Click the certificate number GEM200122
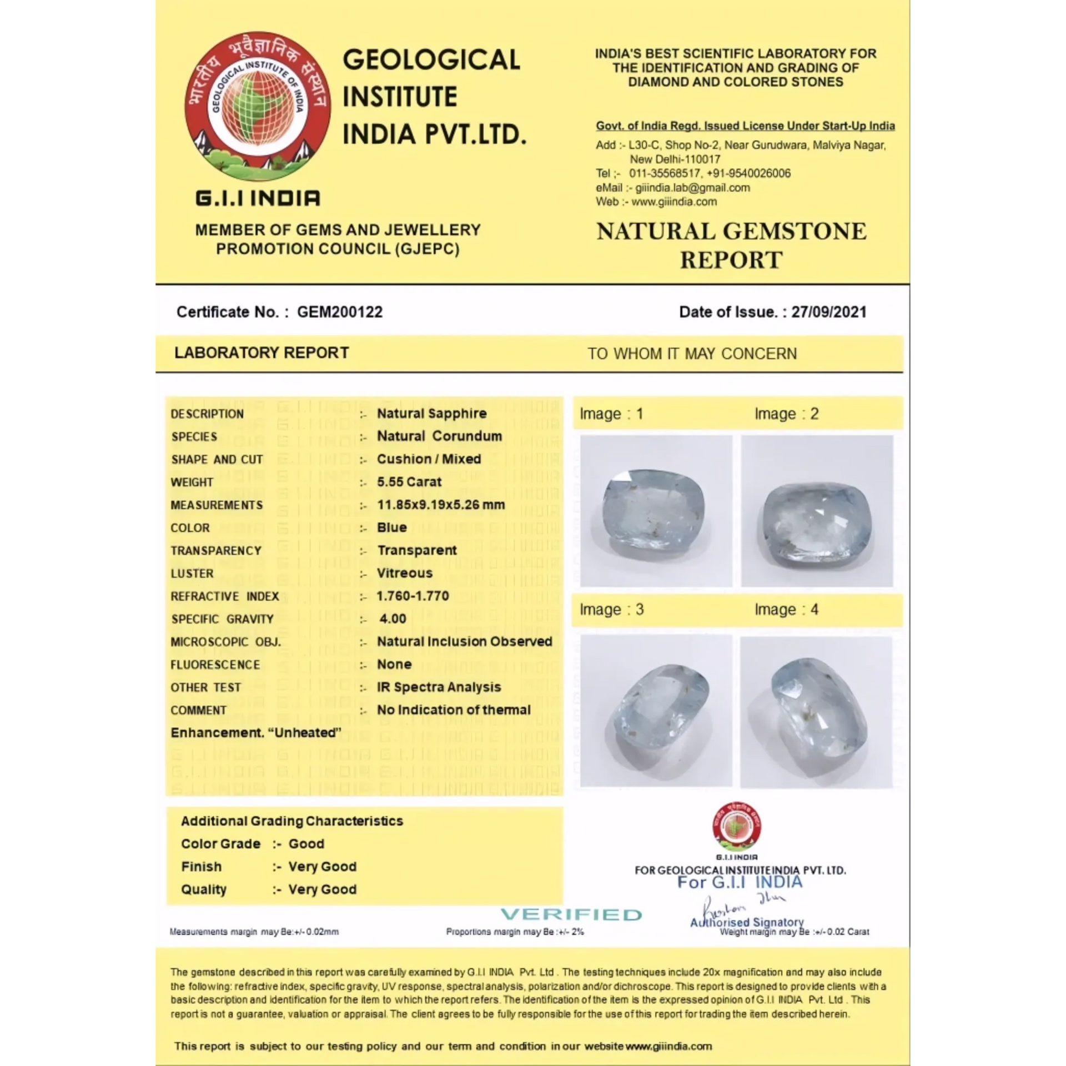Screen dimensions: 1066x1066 click(339, 312)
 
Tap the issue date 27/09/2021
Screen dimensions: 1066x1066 click(828, 312)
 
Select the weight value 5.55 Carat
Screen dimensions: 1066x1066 click(409, 482)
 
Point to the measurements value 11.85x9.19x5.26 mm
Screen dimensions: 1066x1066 click(441, 505)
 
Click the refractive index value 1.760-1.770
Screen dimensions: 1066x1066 click(413, 596)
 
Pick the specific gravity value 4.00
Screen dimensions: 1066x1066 click(393, 619)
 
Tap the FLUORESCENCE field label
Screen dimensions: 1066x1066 click(215, 665)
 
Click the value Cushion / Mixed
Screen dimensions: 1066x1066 click(429, 459)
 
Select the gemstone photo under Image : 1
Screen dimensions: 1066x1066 click(656, 511)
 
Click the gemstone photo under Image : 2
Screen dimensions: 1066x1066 click(817, 511)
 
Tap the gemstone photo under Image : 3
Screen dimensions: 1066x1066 click(656, 712)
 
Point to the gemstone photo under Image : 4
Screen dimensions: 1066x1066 click(816, 712)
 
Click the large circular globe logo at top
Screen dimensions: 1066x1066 click(258, 106)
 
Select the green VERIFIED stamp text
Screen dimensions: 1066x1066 click(571, 914)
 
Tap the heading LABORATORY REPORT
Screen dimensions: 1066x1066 click(262, 353)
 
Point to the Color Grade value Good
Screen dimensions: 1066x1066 click(306, 844)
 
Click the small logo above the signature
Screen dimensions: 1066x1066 click(736, 827)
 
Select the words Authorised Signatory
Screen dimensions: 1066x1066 click(747, 922)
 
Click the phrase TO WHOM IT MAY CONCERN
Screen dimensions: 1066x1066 click(692, 354)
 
